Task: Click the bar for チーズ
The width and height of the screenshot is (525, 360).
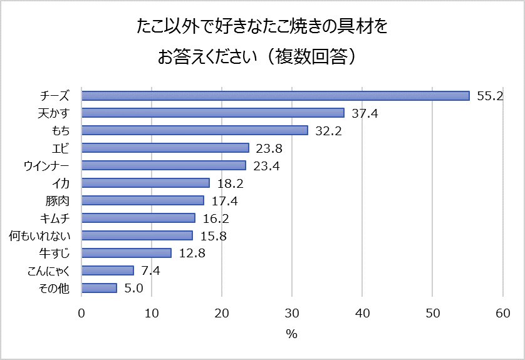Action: [x=276, y=95]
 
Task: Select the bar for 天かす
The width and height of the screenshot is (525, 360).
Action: [x=213, y=113]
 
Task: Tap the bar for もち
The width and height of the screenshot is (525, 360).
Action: [x=195, y=130]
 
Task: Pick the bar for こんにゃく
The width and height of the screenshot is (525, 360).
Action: [x=108, y=270]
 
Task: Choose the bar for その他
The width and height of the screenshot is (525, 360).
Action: [x=99, y=288]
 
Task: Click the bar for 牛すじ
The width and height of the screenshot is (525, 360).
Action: [x=127, y=253]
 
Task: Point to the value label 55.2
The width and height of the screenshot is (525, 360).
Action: [x=490, y=96]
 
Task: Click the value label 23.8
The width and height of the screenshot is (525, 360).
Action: [x=269, y=148]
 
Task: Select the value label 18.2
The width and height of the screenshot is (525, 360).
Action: [x=230, y=183]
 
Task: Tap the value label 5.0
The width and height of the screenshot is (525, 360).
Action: [x=135, y=289]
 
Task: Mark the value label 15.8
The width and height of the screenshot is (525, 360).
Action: [x=213, y=236]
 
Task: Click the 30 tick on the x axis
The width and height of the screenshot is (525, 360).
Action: [x=292, y=313]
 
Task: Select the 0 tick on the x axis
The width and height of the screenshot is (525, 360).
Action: [x=81, y=313]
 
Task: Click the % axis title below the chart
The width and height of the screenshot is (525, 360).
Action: [x=291, y=334]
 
